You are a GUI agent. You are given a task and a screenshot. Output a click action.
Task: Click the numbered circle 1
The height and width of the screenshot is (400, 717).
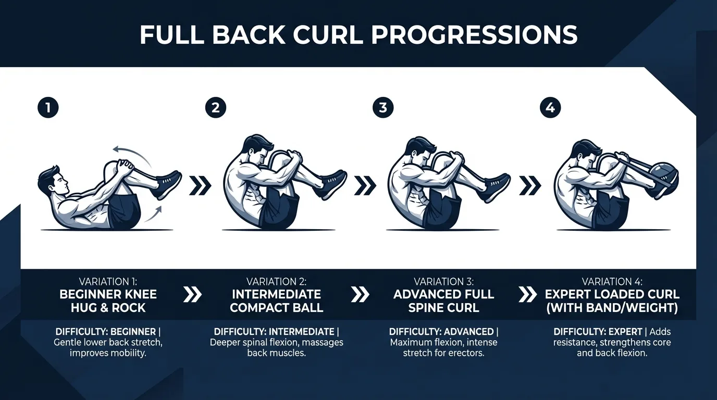click(x=48, y=108)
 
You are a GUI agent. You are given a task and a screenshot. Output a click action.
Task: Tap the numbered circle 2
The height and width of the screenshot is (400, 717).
click(x=216, y=108)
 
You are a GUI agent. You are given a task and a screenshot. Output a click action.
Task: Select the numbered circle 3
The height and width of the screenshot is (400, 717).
click(x=383, y=108)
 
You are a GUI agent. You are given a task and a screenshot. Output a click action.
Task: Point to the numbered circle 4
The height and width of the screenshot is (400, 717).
click(x=551, y=108)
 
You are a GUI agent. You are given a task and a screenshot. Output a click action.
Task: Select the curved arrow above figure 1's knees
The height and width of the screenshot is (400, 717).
click(x=132, y=153)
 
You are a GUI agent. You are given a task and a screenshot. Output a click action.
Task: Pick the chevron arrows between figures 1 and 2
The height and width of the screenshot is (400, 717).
click(x=200, y=185)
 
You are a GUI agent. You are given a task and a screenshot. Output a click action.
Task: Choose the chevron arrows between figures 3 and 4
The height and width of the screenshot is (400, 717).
click(x=530, y=185)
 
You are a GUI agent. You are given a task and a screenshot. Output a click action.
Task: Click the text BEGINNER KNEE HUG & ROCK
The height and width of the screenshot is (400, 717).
click(x=108, y=301)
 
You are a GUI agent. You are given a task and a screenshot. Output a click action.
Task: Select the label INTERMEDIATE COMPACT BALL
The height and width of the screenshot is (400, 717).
click(x=276, y=301)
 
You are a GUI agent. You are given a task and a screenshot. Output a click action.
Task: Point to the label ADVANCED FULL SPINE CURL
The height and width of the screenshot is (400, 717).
click(x=443, y=301)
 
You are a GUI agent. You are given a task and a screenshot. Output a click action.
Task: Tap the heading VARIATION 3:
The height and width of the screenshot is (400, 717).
click(x=443, y=282)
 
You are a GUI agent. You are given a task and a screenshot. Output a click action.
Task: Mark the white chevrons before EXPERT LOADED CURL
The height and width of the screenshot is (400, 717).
click(x=528, y=295)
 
